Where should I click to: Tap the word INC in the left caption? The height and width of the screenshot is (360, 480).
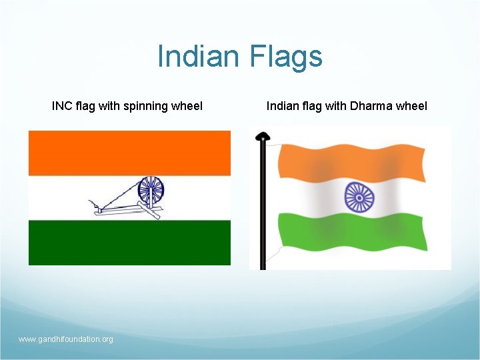click(62, 105)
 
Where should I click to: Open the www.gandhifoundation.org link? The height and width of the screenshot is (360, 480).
click(66, 339)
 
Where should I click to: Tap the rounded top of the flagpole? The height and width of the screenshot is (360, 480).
click(263, 137)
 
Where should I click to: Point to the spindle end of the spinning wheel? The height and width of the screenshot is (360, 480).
click(91, 200)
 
